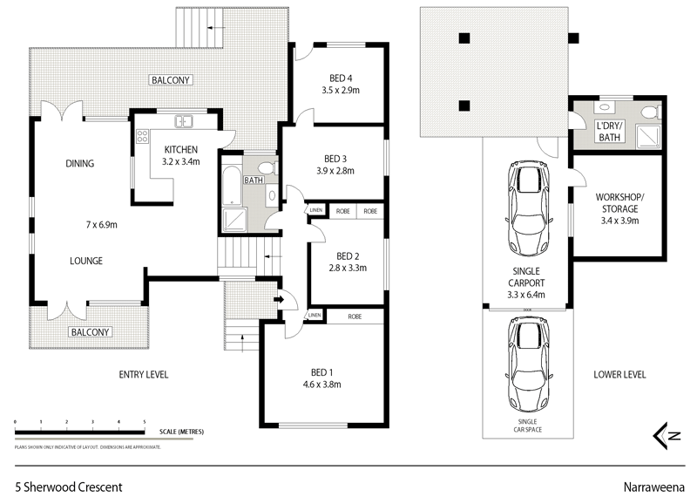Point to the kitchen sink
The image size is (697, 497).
pos(184,121)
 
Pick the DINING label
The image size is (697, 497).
pos(79,163)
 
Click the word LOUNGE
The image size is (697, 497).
pos(86,261)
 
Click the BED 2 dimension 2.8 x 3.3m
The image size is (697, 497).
pos(348,269)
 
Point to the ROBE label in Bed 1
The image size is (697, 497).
pos(355,316)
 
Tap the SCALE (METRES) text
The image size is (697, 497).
pos(182,431)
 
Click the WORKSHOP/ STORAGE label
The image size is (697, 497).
pos(618,209)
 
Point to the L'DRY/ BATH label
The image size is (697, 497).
pos(608,131)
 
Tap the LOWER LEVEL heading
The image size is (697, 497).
pos(619,375)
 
